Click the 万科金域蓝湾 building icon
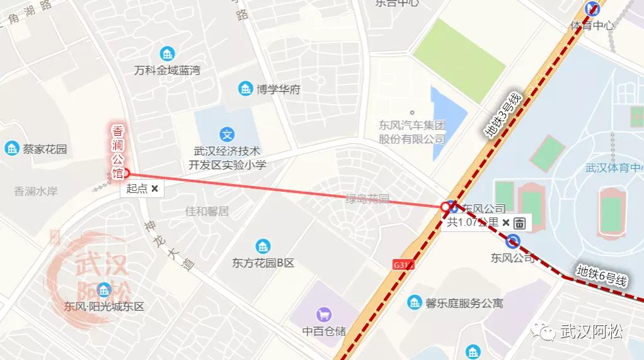167,53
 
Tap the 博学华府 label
278,89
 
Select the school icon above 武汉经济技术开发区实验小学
227,134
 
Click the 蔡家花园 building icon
11,149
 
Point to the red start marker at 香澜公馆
125,173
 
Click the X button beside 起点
154,189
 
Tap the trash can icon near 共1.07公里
519,223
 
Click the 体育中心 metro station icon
592,9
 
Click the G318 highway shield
403,265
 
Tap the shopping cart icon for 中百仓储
324,313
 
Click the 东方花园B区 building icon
263,247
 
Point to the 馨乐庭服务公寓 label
464,303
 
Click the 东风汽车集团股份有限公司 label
412,132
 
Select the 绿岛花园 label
367,199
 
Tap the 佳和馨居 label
207,211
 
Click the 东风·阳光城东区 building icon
104,290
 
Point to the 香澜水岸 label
36,191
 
